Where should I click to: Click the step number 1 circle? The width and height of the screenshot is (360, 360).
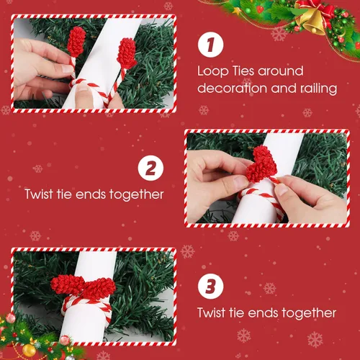pos(210,45)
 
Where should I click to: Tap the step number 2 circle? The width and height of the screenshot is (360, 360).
pos(150,168)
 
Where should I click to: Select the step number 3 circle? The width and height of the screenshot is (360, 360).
pos(210,286)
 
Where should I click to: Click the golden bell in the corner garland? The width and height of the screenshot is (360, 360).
pos(310,19)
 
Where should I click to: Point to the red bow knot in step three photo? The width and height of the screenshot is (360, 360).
pos(83,286)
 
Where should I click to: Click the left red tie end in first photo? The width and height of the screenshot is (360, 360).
pos(76,42)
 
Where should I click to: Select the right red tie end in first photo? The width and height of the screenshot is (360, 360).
pos(127,53)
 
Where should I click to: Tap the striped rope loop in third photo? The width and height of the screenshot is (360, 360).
pos(86,305)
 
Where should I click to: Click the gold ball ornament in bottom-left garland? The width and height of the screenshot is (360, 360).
pos(29,350)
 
